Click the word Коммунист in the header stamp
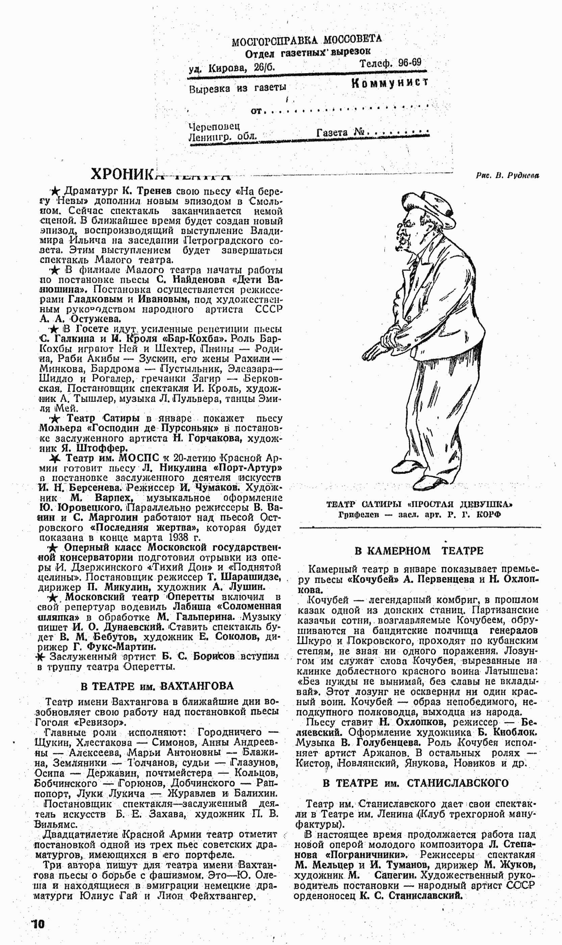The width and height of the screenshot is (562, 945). [390, 83]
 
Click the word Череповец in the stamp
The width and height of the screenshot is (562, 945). [214, 126]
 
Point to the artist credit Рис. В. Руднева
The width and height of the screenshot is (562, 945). [508, 175]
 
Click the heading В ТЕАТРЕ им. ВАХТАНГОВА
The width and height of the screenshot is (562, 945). [157, 686]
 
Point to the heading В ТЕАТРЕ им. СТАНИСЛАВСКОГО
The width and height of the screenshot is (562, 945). [415, 783]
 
